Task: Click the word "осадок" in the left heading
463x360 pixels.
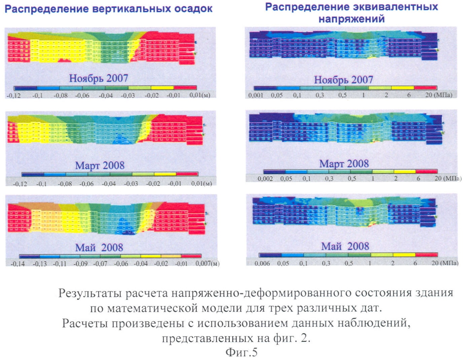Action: click(193, 9)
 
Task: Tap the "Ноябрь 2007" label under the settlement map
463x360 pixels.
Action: click(99, 78)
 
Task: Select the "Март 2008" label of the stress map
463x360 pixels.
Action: click(344, 164)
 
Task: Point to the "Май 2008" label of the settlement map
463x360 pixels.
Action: click(99, 248)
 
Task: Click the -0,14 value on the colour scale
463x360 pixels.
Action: click(17, 264)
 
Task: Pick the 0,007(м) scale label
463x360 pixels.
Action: click(207, 263)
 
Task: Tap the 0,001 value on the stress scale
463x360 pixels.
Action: click(256, 95)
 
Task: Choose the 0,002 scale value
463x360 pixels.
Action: click(265, 178)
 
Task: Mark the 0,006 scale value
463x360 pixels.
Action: click(262, 263)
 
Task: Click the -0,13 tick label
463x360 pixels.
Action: click(39, 264)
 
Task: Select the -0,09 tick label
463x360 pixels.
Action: click(80, 264)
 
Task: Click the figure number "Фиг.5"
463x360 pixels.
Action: click(241, 352)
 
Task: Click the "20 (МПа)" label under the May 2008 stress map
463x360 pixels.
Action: click(445, 263)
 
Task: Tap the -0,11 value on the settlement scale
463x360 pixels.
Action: click(60, 264)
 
